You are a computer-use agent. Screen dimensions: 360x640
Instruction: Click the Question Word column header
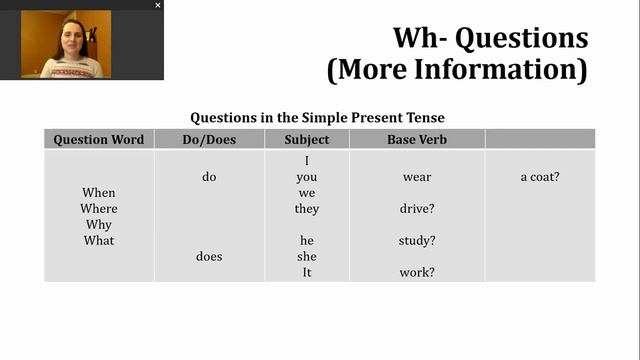(x=99, y=140)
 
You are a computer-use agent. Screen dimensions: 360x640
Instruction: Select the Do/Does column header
(x=209, y=140)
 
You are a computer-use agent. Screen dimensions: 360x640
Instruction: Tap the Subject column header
(x=307, y=140)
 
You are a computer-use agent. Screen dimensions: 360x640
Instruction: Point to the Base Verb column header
(x=417, y=140)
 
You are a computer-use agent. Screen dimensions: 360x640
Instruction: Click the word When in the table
(x=99, y=193)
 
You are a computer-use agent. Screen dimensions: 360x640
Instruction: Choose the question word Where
(x=99, y=209)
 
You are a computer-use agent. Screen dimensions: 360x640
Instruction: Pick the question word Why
(x=99, y=225)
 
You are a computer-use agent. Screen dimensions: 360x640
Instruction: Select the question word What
(x=99, y=241)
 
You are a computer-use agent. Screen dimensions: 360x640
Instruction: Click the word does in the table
(x=209, y=257)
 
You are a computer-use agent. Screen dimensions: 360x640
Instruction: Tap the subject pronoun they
(x=307, y=209)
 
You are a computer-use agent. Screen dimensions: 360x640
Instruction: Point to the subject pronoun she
(x=307, y=257)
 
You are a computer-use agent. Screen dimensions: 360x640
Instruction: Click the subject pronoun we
(x=307, y=193)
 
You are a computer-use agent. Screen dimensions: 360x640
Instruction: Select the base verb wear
(x=417, y=177)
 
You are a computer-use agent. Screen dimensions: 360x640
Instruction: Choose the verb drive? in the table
(x=417, y=209)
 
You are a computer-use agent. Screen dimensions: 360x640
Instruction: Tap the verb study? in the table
(x=417, y=241)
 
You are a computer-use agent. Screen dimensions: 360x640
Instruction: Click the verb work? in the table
(x=417, y=273)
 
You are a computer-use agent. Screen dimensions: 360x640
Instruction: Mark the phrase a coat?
(x=540, y=177)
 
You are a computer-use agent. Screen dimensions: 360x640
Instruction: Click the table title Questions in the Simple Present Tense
(x=318, y=117)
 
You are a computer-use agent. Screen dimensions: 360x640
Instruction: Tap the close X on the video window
(x=157, y=5)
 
